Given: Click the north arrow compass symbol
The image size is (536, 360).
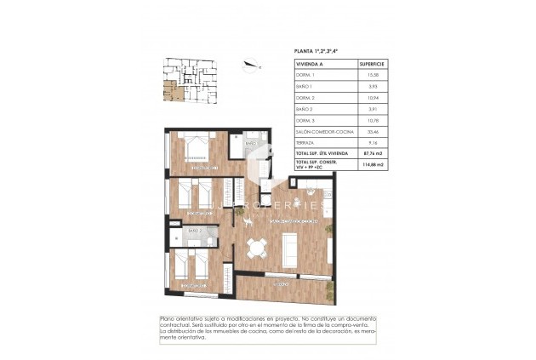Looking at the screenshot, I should (249, 61).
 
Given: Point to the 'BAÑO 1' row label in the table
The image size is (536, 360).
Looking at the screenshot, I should (304, 87).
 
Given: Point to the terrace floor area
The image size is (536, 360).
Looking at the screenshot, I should (281, 289).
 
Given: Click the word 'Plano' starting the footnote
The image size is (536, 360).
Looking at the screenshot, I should (168, 319).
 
